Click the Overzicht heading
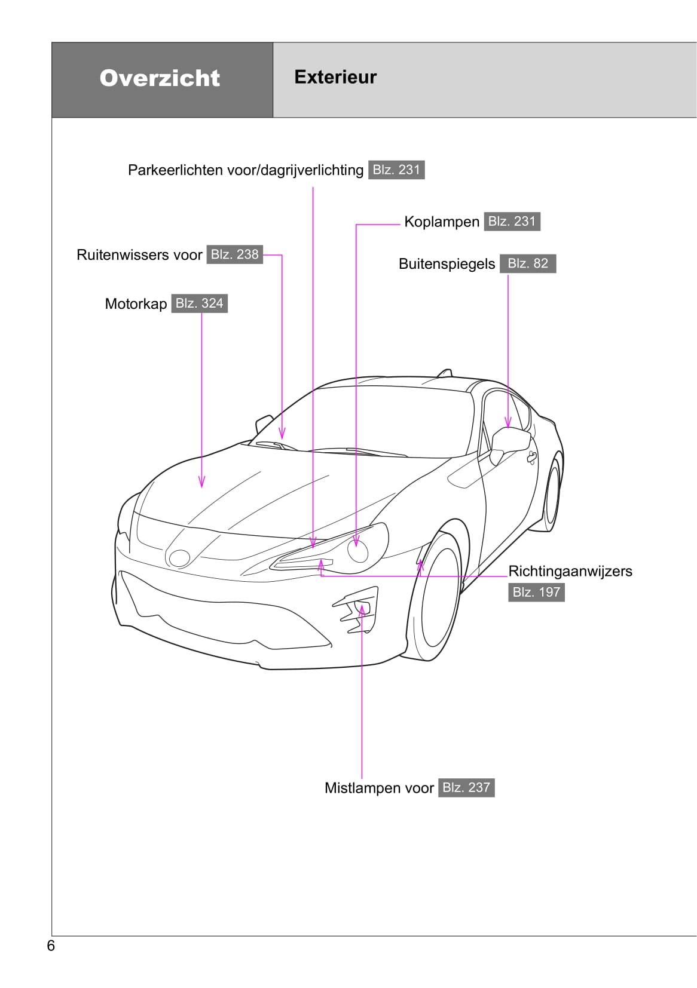coord(160,78)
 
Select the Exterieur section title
coord(335,77)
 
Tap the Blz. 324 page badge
coord(200,303)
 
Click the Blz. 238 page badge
coord(235,254)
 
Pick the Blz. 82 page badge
coord(528,263)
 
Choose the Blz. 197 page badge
coord(536,592)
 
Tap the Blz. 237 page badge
coord(467,787)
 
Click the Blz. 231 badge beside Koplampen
coord(512,221)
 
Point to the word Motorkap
coord(136,304)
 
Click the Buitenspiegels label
coord(447,264)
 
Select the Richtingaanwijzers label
coord(570,571)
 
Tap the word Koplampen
coord(442,222)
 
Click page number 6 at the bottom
coord(51,946)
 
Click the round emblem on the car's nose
coord(179,558)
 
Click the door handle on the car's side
coord(531,458)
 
